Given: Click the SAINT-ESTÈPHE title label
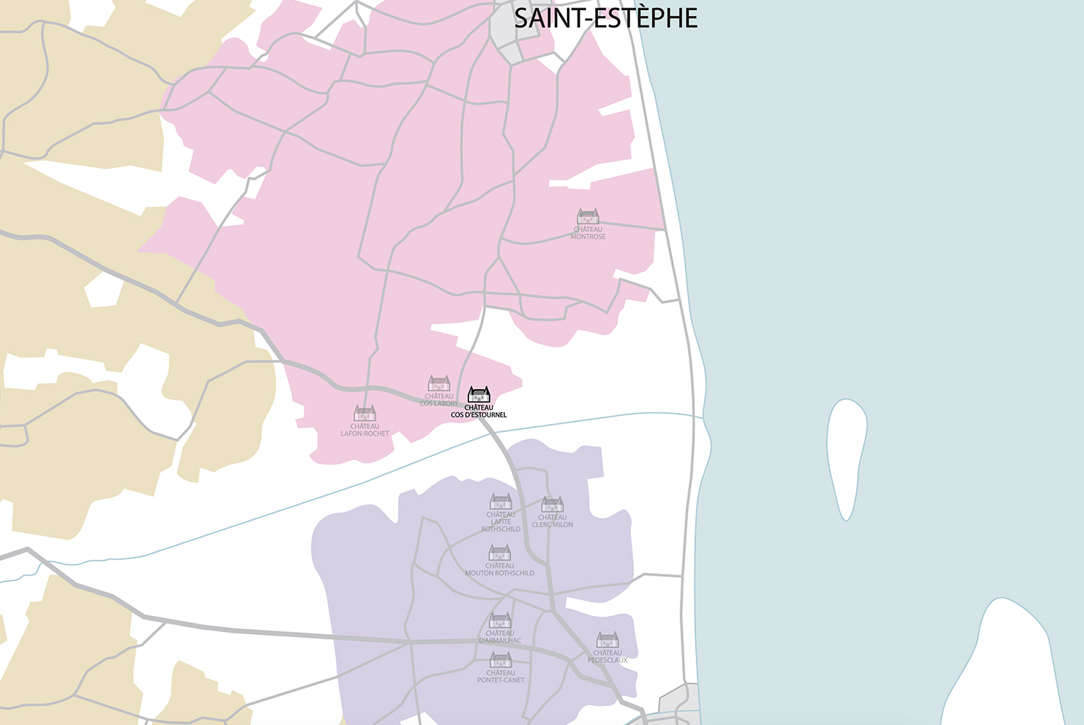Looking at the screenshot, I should click(606, 18).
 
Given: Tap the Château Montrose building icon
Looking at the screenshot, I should click(588, 217).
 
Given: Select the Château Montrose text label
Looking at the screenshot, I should click(588, 233).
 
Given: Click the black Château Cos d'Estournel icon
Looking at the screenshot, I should click(478, 395).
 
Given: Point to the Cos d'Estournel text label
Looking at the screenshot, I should click(478, 411).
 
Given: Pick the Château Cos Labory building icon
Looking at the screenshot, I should click(439, 383).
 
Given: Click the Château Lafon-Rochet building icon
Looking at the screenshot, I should click(365, 414).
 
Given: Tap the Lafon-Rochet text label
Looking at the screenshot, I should click(365, 430).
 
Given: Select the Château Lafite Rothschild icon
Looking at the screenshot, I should click(500, 501).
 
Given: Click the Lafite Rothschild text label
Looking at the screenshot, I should click(500, 522).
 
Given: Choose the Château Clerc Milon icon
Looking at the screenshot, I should click(552, 504).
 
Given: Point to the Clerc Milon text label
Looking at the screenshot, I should click(552, 521).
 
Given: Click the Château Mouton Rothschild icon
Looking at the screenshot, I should click(500, 553).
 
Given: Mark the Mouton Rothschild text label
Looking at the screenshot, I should click(500, 569).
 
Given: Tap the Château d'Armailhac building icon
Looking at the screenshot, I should click(500, 620).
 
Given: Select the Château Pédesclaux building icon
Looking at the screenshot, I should click(607, 640).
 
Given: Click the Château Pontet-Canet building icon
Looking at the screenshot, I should click(500, 660).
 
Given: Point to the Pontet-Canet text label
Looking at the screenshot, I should click(500, 677).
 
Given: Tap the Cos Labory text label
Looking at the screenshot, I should click(439, 400).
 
